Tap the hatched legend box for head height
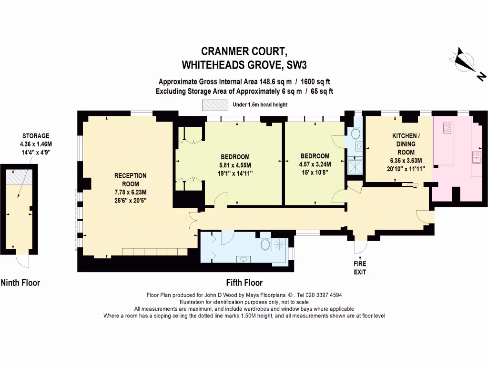coord(215,105)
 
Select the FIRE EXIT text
coord(360,268)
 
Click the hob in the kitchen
coord(448,128)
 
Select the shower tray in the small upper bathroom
coord(356,165)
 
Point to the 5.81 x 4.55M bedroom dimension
coord(235,165)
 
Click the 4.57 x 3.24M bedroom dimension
coord(315,164)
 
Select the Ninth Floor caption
coord(20,283)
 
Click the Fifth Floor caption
coord(244,283)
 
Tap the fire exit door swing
coord(363,246)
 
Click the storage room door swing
coord(21,261)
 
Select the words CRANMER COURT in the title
coord(244,51)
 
